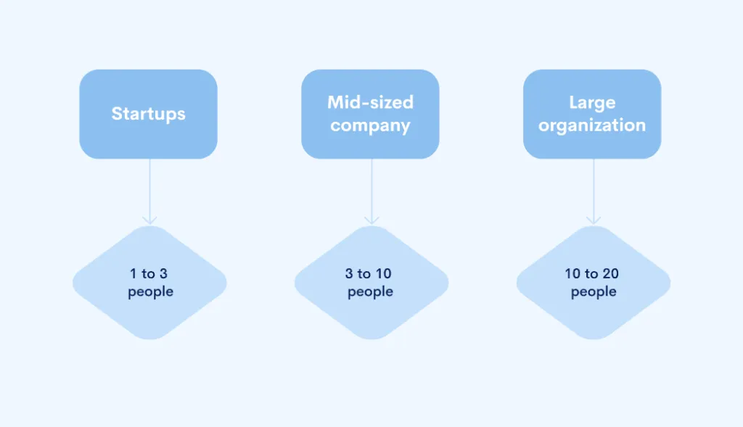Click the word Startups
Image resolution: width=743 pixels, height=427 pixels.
[148, 114]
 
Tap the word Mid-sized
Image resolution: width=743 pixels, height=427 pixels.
[371, 102]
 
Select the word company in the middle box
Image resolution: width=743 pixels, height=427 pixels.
[370, 126]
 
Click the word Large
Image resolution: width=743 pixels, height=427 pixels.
[592, 103]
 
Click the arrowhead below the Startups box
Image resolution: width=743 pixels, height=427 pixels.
[149, 220]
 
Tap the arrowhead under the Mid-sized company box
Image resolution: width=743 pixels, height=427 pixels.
[371, 220]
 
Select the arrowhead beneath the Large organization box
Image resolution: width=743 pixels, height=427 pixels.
[594, 220]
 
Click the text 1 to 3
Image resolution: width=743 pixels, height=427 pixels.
[149, 273]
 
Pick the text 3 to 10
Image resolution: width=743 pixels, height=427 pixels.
[368, 273]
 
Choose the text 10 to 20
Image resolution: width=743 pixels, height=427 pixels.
[592, 273]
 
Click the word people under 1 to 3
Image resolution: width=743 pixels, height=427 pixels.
[151, 292]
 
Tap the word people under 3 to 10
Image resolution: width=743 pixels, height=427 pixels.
[371, 292]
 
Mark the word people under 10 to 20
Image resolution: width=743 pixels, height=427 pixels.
[594, 292]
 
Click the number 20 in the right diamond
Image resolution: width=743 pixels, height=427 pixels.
[611, 273]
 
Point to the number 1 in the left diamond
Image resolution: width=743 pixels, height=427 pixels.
[134, 273]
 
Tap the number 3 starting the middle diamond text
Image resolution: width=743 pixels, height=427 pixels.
[349, 273]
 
